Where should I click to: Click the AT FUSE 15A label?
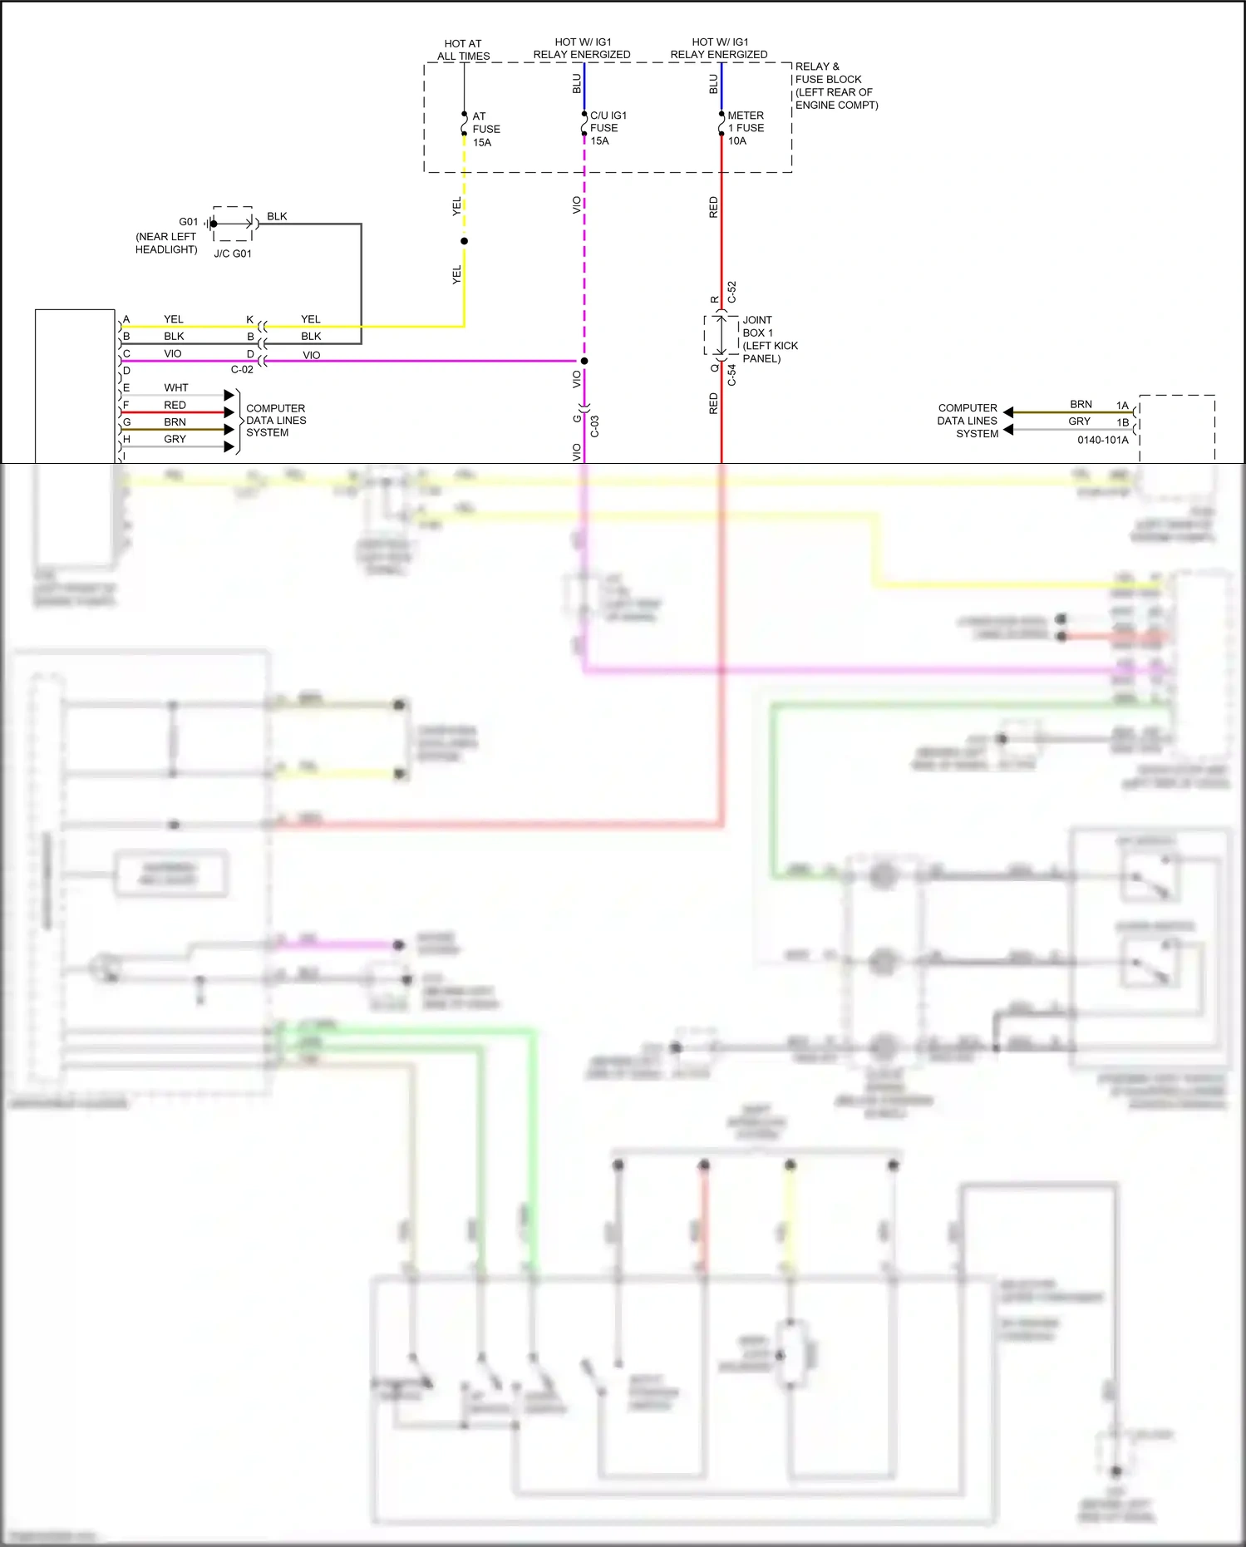point(485,130)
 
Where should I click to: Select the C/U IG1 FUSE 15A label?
point(607,128)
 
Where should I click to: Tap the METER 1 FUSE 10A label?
point(745,128)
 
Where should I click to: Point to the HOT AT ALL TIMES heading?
point(463,50)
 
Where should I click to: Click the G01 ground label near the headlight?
point(189,222)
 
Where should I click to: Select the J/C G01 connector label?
point(233,254)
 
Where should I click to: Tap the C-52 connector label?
point(731,292)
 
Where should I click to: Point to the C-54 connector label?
point(731,375)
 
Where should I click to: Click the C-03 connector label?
point(595,426)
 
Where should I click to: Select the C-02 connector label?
point(242,370)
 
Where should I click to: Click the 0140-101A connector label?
point(1103,440)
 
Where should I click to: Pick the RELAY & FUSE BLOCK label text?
point(835,86)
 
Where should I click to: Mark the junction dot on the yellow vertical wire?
point(464,241)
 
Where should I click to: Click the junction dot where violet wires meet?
point(584,361)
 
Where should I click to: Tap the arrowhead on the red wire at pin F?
point(229,412)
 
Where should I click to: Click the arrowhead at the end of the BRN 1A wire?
point(1008,412)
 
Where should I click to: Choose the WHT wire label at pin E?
point(175,387)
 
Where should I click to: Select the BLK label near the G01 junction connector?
point(277,216)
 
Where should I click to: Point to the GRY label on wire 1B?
point(1079,421)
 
